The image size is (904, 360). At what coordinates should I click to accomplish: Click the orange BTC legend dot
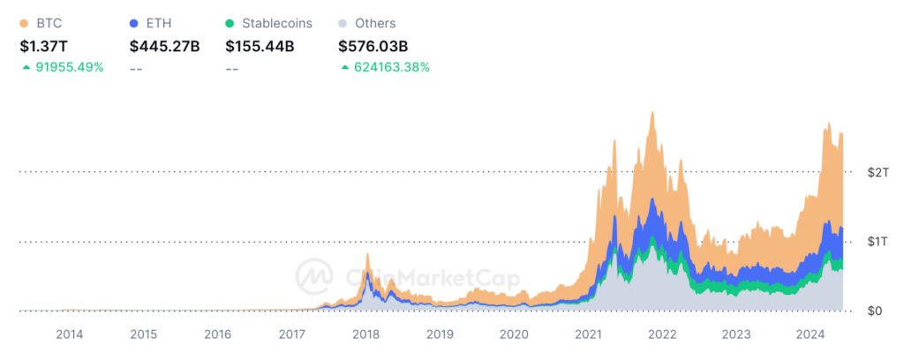point(24,24)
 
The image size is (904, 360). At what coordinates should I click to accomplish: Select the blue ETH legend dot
point(134,24)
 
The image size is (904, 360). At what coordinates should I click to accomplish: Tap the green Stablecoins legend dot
point(230,24)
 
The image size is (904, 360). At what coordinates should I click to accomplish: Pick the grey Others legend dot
point(343,24)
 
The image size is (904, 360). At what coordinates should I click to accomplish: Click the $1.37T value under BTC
point(44,46)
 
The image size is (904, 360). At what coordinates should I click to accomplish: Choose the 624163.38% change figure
point(389,68)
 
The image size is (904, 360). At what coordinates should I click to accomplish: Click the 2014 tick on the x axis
point(70,334)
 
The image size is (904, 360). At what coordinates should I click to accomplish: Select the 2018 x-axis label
point(365,334)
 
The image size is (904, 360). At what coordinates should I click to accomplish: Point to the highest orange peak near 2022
point(652,114)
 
